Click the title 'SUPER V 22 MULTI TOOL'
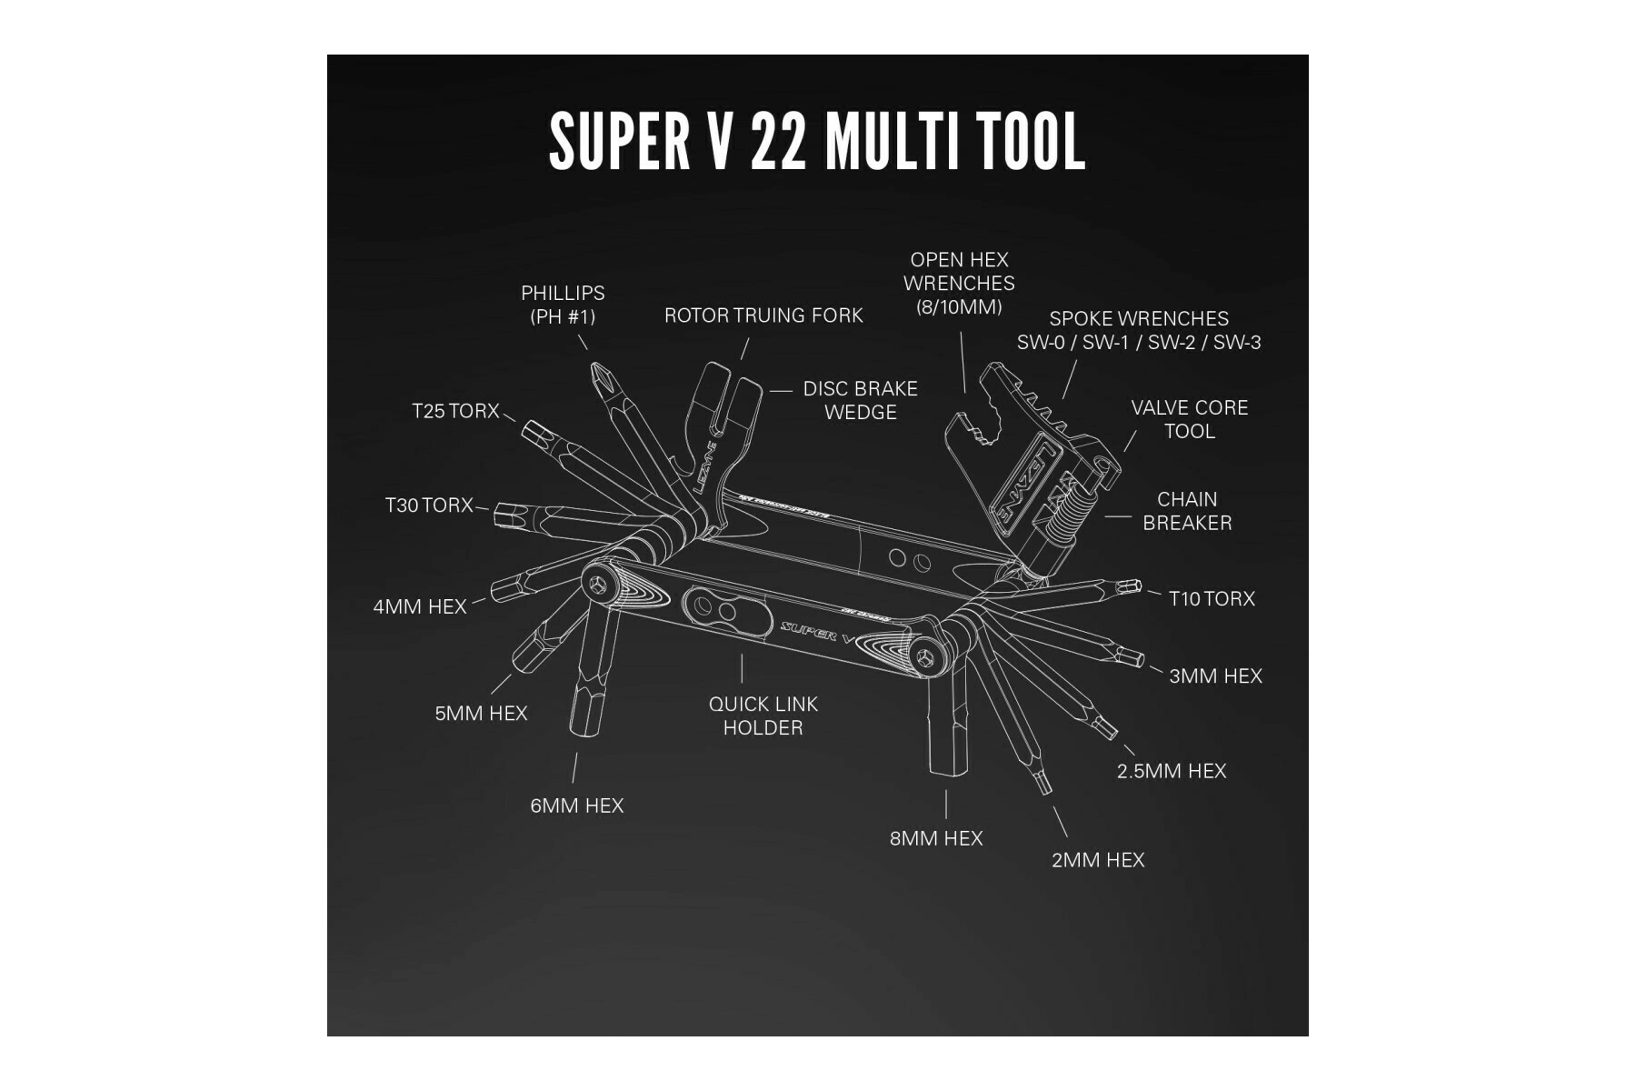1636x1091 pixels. point(817,142)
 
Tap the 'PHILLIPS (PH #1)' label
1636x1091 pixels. point(563,305)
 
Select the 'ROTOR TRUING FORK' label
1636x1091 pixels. point(763,315)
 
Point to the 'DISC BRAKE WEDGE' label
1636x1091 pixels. point(860,400)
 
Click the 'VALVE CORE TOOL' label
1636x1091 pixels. point(1190,419)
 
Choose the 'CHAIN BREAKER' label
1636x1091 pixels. point(1187,511)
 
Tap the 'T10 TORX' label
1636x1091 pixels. point(1212,599)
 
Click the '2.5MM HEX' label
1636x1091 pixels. point(1172,771)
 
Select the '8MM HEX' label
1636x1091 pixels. point(936,838)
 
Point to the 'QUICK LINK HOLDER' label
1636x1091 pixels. point(763,716)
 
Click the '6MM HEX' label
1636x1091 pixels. point(577,806)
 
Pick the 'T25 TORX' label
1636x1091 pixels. point(455,411)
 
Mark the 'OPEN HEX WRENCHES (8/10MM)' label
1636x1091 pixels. point(959,283)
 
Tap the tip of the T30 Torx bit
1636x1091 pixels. point(496,517)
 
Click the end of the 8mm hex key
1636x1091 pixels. point(948,773)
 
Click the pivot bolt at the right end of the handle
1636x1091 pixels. point(925,657)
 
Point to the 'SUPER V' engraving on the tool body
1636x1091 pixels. point(817,630)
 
